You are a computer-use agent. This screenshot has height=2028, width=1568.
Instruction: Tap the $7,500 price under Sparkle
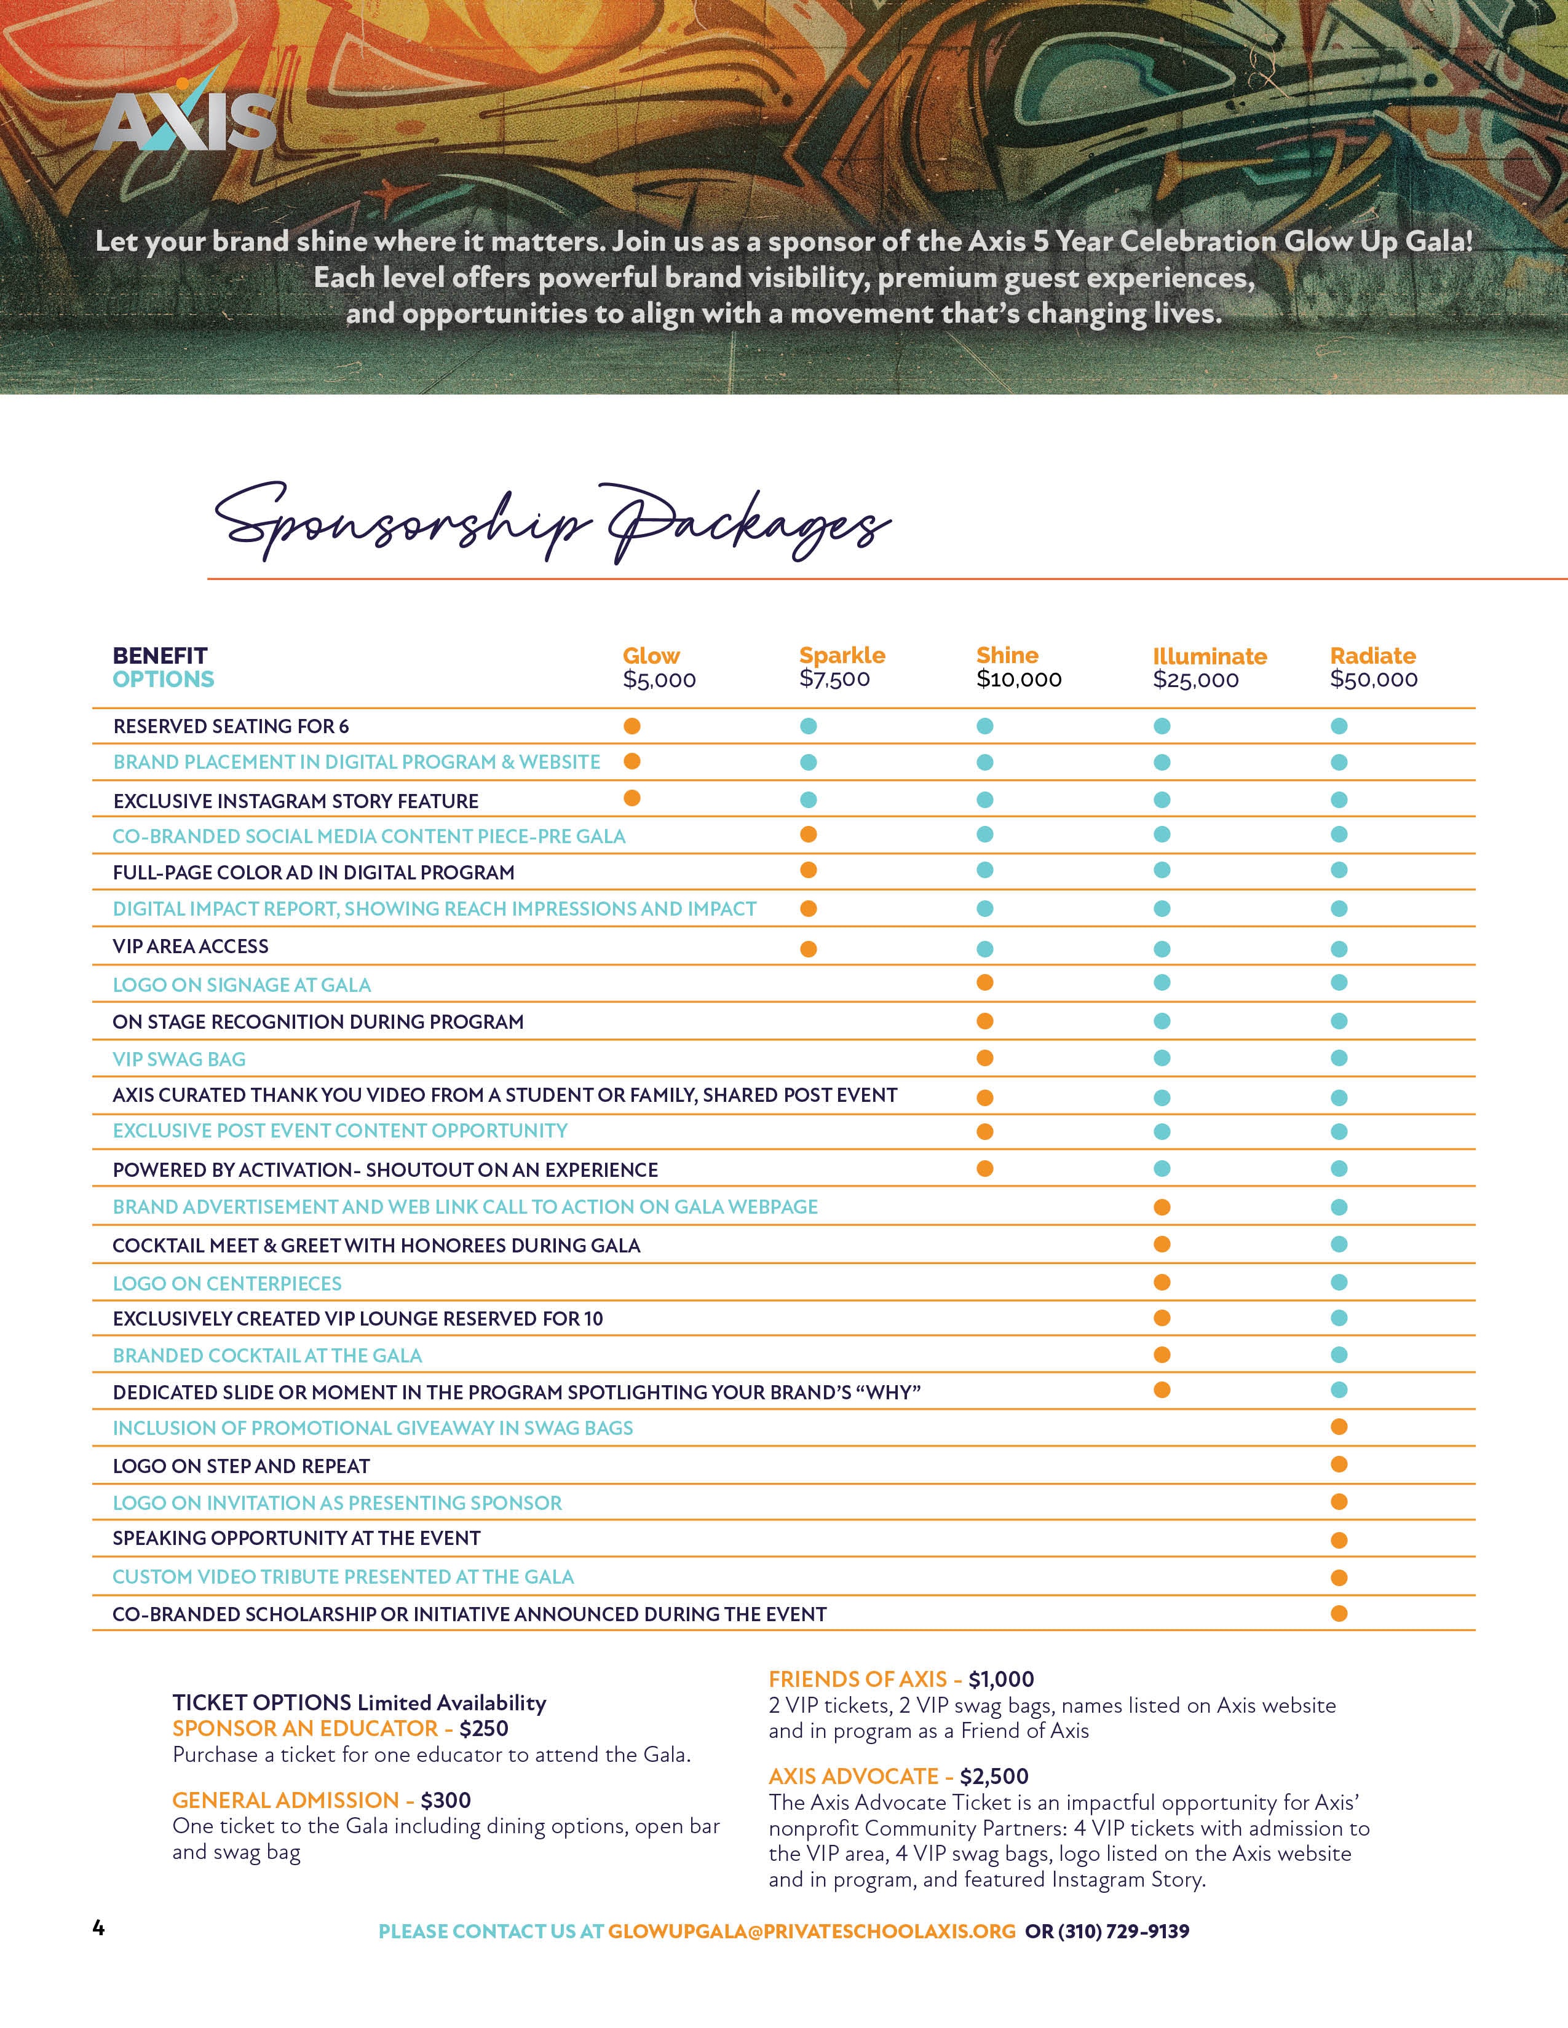(834, 679)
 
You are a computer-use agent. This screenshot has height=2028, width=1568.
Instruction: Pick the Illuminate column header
(1210, 656)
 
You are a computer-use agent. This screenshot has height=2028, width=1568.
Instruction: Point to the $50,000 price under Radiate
(1373, 679)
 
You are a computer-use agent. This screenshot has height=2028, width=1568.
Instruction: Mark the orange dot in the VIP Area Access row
(808, 949)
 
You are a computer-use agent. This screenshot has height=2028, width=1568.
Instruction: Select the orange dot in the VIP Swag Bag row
(984, 1058)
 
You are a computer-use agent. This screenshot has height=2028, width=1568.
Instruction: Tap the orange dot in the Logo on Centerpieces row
(1161, 1283)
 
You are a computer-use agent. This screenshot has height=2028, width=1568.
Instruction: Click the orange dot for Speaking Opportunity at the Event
(1339, 1541)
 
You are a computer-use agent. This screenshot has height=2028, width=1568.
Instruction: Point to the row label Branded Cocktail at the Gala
(267, 1356)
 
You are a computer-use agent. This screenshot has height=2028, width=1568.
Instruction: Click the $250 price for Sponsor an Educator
(484, 1728)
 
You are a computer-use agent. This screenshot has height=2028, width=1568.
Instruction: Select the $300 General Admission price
(446, 1799)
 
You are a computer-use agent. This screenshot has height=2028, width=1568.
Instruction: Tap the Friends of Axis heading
(857, 1679)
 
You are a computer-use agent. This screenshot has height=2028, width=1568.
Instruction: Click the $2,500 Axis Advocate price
(994, 1777)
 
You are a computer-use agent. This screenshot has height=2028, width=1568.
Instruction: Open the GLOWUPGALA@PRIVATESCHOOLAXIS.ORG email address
(812, 1932)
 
